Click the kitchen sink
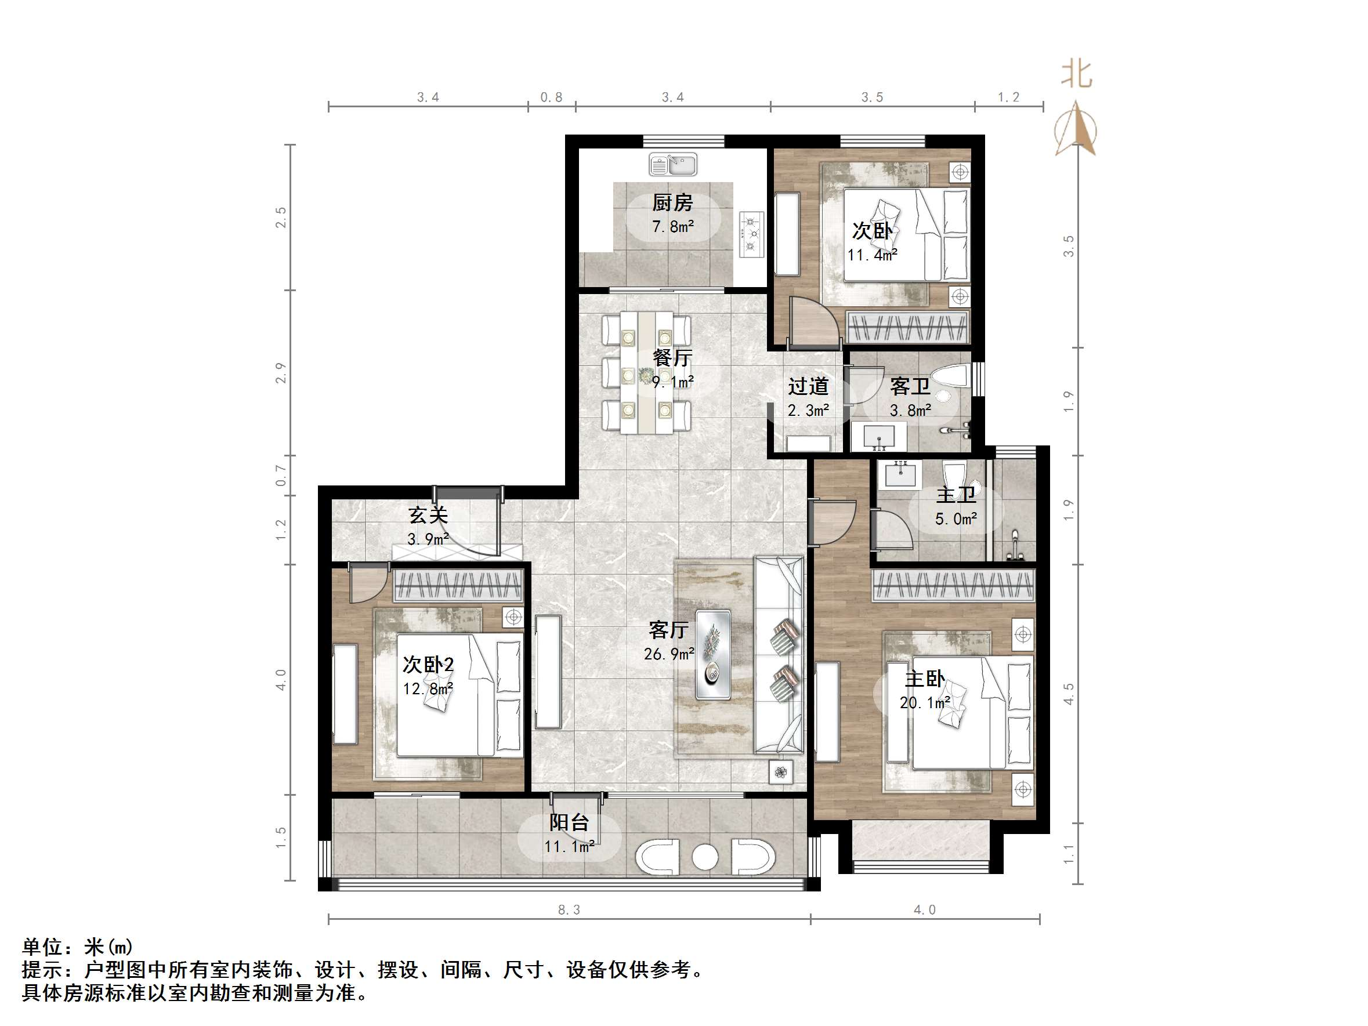[673, 165]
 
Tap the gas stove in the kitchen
[751, 234]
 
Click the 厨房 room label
[672, 203]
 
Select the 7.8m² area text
[673, 227]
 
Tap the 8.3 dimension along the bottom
[569, 910]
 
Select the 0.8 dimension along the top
[551, 97]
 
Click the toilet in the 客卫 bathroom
[949, 376]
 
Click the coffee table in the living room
[713, 655]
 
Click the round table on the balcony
[704, 857]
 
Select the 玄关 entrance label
[428, 515]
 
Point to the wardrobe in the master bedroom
[953, 586]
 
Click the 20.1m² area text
[925, 703]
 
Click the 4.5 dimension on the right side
[1069, 694]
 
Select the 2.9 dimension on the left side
[281, 373]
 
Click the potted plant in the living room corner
[781, 772]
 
